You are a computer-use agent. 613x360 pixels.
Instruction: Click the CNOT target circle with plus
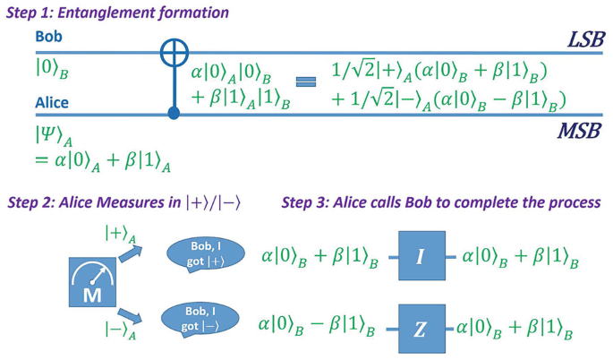pos(174,52)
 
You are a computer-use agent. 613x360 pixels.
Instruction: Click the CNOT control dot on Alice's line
pos(174,114)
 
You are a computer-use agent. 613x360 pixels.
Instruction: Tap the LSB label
pos(586,39)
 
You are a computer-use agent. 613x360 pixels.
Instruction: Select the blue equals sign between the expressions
pos(306,82)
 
